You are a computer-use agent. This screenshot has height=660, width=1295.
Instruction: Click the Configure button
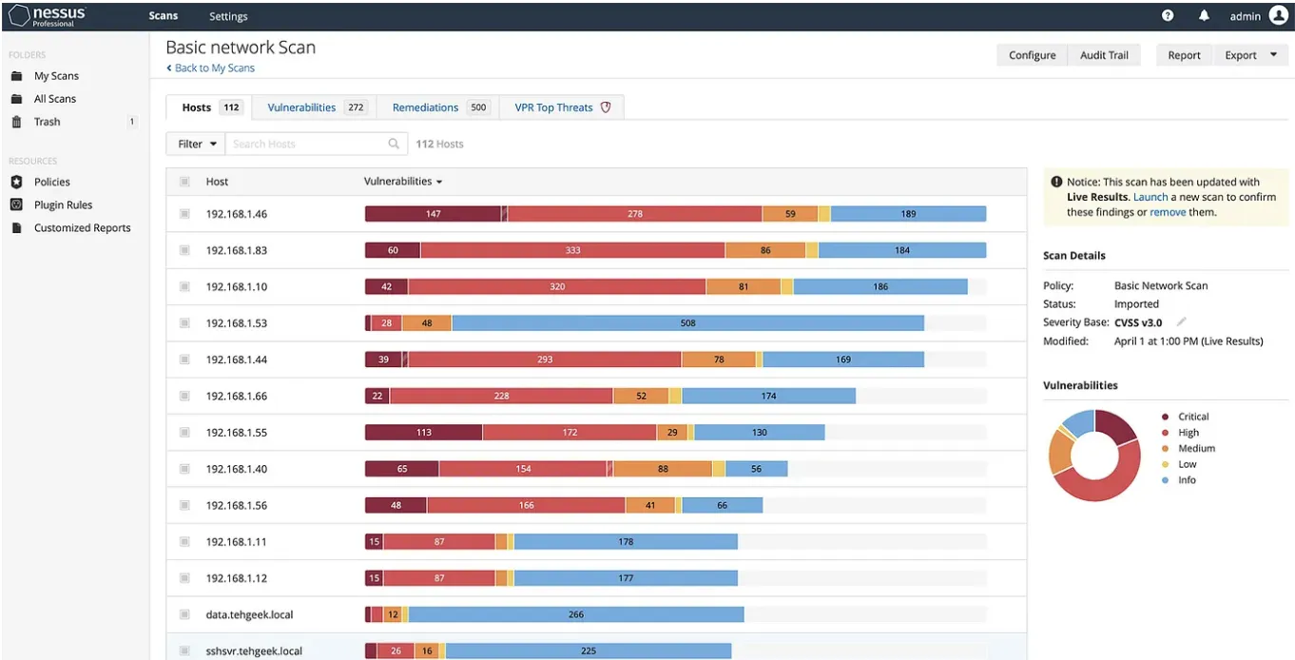tap(1032, 55)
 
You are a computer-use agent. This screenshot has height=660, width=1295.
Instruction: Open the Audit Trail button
tap(1104, 55)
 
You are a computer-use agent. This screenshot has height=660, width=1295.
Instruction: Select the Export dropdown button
tap(1249, 55)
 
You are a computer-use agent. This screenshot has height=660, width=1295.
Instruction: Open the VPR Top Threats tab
tap(562, 107)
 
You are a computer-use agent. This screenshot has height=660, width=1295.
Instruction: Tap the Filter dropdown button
tap(198, 144)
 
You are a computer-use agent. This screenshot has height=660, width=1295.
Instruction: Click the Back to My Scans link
tap(211, 68)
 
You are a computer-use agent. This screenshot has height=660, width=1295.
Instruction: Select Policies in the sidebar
tap(51, 182)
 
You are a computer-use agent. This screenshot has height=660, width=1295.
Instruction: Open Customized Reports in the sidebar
tap(82, 228)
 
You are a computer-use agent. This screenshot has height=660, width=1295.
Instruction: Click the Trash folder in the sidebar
tap(47, 122)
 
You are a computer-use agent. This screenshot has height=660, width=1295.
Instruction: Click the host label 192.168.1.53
tap(237, 323)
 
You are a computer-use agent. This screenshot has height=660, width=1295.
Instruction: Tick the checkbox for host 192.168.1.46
tap(184, 214)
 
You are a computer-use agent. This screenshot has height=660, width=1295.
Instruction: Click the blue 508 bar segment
tap(687, 323)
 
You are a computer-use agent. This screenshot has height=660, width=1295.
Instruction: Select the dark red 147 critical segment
tap(433, 214)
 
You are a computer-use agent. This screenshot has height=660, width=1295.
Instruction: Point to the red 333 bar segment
tap(572, 250)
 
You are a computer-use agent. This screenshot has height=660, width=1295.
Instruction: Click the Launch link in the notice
tap(1150, 197)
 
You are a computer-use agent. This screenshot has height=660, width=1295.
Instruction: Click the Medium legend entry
tap(1196, 448)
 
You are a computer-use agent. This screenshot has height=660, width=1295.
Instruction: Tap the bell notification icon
tap(1204, 16)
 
